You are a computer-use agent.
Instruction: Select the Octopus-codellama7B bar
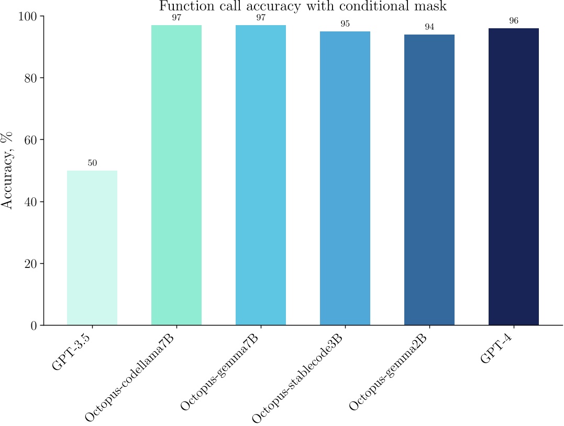tap(176, 175)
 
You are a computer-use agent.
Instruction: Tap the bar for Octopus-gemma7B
tap(261, 175)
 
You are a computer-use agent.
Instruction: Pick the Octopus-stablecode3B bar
tap(345, 178)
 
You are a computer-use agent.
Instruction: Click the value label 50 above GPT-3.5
tap(92, 163)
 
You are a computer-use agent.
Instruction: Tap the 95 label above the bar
tap(345, 24)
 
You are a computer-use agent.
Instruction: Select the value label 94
tap(429, 27)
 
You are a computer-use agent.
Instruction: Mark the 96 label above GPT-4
tap(514, 21)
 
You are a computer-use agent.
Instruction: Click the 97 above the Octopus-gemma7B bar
tap(261, 18)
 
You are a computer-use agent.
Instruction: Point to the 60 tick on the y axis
tap(31, 140)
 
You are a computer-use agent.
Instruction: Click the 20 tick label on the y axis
tap(31, 263)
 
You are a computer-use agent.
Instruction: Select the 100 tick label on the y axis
tap(28, 16)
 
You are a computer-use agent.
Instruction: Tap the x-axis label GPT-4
tap(497, 351)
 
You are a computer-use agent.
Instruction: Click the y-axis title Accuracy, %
tap(7, 170)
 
